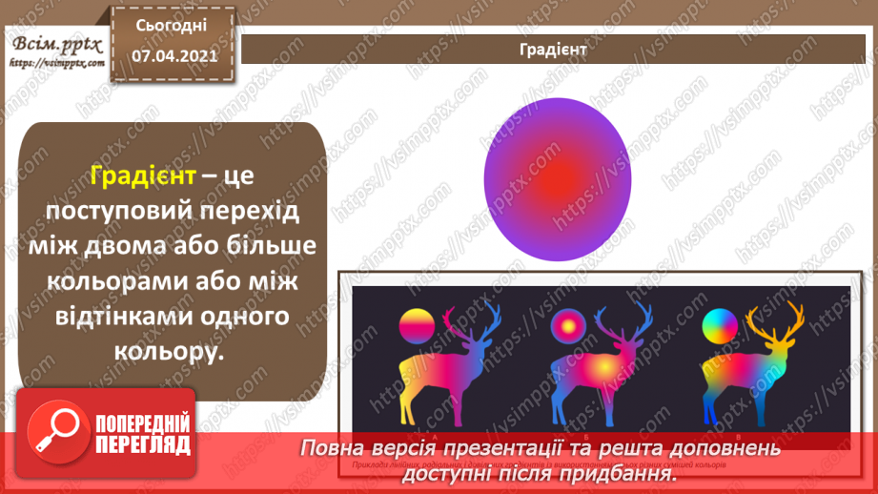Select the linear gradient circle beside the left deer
click(x=417, y=326)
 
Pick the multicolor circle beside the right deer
click(x=720, y=326)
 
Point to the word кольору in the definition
click(x=172, y=352)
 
